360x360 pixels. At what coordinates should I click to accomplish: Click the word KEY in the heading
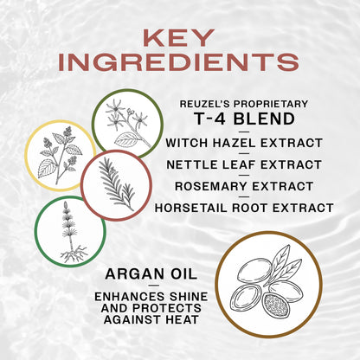180,38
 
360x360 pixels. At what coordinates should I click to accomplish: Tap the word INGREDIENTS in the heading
180,62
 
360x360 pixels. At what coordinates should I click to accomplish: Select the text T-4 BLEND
249,120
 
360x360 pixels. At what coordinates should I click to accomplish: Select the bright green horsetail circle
69,230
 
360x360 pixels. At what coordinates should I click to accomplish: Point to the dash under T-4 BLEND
249,132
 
